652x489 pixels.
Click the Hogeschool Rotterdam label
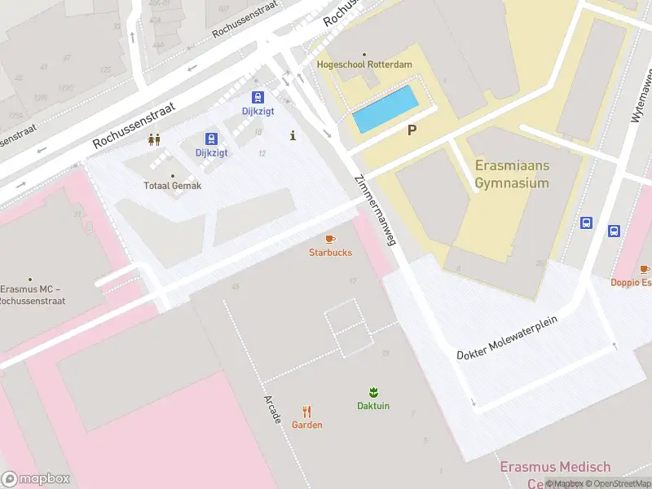[x=364, y=64]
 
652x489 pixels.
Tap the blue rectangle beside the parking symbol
[x=385, y=109]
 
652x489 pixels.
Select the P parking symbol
[x=412, y=130]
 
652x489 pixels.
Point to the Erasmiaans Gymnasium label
[x=512, y=174]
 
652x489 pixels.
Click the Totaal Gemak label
[x=172, y=186]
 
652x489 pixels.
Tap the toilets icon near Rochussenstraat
[x=154, y=139]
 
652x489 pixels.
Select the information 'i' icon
[x=293, y=136]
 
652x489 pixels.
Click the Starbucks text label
[x=330, y=253]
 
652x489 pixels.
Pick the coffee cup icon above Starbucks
[x=330, y=239]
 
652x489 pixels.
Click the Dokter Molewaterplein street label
[x=506, y=337]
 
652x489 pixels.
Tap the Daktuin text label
[x=373, y=406]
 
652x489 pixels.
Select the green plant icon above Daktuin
[x=373, y=392]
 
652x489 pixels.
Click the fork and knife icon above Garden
[x=307, y=412]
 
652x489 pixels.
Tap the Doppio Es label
[x=632, y=283]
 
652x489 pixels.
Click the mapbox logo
[x=36, y=479]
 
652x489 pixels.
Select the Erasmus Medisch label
[x=554, y=467]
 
